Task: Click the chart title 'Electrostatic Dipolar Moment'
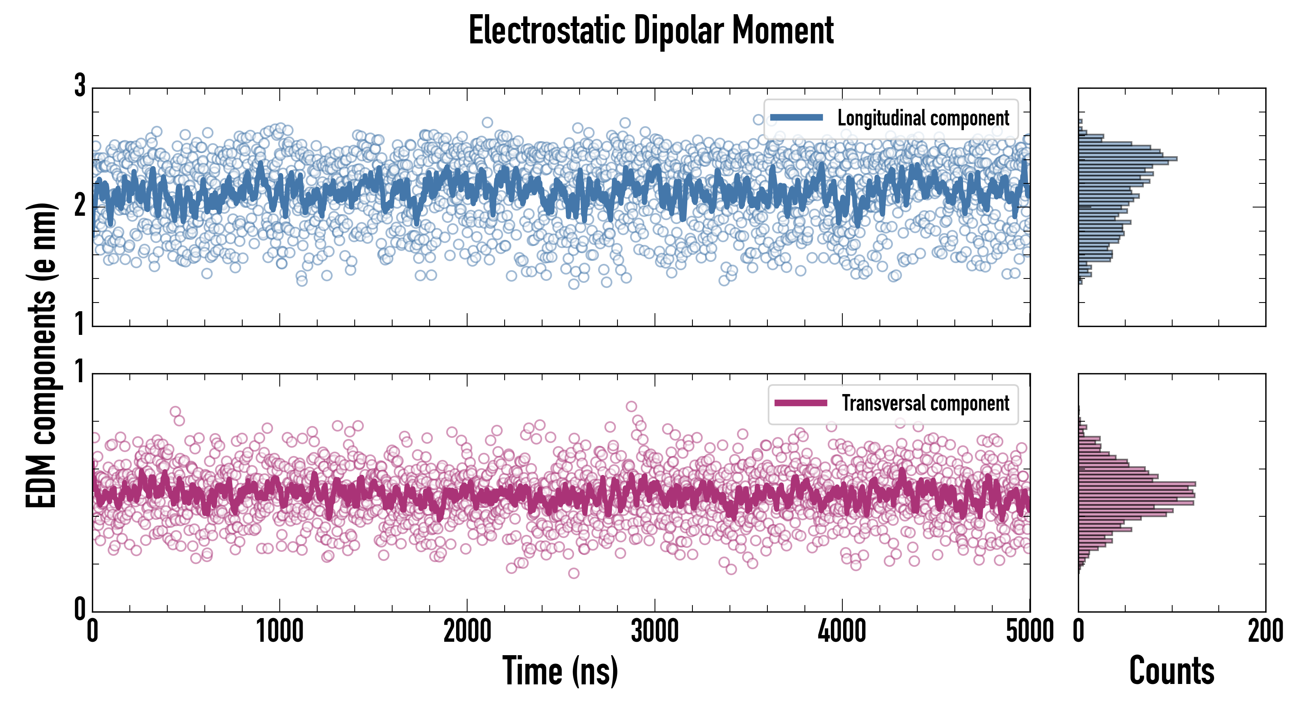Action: [651, 30]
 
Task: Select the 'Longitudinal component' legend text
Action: [923, 118]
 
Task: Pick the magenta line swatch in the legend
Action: [801, 403]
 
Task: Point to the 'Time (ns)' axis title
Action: [560, 671]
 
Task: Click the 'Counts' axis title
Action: [1171, 671]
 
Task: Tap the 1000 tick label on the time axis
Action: [279, 631]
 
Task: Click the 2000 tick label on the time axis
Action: [467, 631]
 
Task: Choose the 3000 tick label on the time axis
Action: [655, 631]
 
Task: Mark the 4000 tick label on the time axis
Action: [842, 631]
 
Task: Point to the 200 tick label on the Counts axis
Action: [1265, 631]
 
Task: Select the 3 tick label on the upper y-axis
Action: [80, 86]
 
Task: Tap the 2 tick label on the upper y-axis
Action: [80, 205]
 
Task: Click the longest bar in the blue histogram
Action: [1127, 159]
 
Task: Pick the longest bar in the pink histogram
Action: [1137, 484]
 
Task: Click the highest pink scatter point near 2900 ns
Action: [631, 406]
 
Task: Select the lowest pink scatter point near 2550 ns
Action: [574, 573]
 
